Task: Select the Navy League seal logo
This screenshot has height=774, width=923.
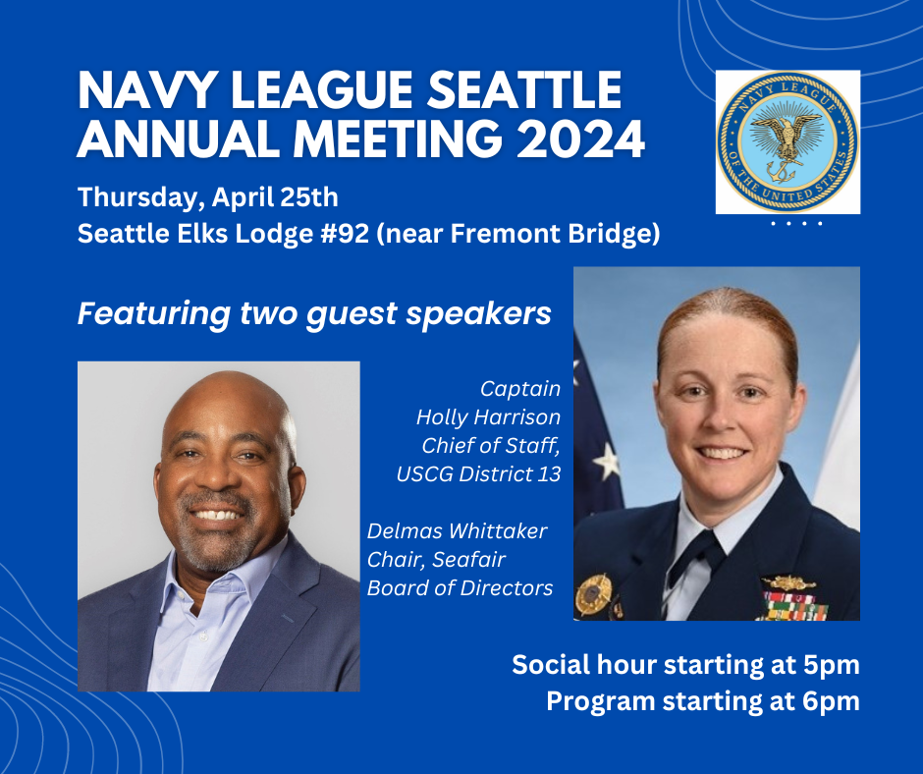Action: [x=787, y=142]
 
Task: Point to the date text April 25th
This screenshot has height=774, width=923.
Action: [x=276, y=196]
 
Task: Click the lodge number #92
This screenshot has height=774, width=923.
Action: [x=345, y=234]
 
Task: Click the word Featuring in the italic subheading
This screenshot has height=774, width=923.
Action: [x=154, y=314]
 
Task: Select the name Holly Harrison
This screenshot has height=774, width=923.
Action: [x=488, y=417]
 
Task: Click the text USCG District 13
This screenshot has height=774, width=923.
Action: [x=478, y=474]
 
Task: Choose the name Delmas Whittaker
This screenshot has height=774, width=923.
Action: [x=457, y=530]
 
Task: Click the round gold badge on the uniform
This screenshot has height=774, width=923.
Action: [x=593, y=594]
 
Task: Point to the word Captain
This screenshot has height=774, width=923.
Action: [x=520, y=389]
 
